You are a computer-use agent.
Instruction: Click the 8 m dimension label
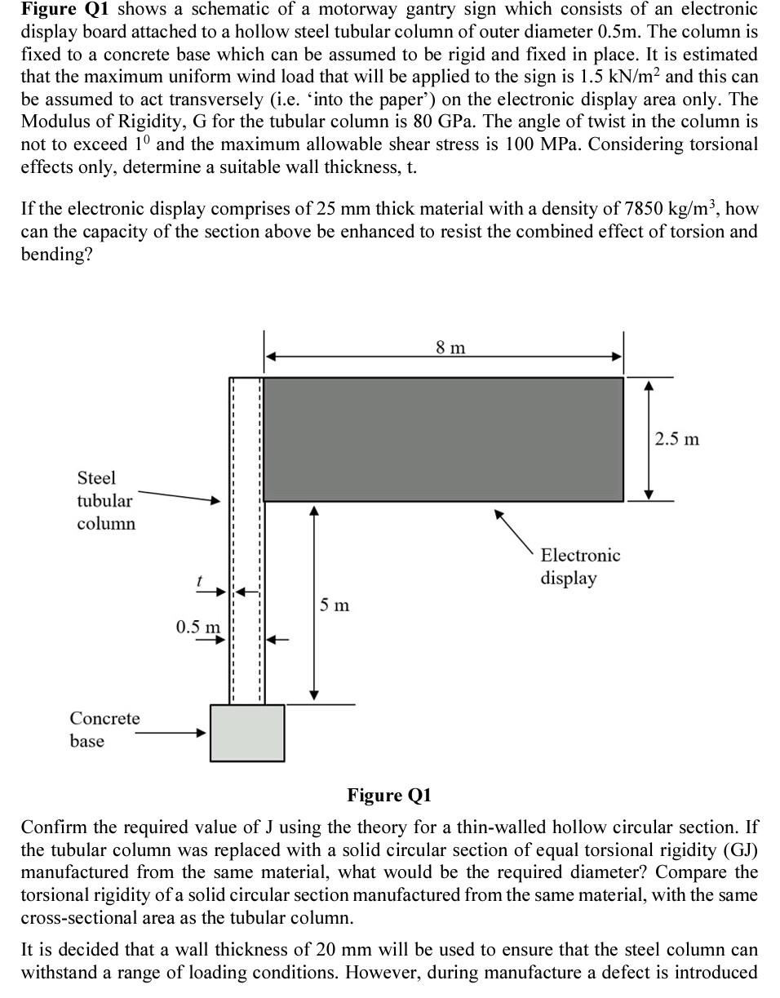[x=450, y=348]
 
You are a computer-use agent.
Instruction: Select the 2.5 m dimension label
[x=677, y=439]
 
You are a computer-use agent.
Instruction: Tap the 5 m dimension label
[x=335, y=605]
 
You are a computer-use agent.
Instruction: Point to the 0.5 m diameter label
[x=197, y=627]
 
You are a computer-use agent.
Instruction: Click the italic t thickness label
[x=198, y=581]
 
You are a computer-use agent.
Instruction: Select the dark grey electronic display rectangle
[x=443, y=439]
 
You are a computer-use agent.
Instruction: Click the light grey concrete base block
[x=247, y=733]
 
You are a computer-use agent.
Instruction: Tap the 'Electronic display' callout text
[x=580, y=566]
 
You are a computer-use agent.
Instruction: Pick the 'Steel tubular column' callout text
[x=105, y=500]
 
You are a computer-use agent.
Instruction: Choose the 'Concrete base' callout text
[x=104, y=730]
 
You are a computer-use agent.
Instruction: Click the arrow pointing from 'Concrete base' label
[x=171, y=733]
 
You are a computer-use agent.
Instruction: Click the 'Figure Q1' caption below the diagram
[x=389, y=795]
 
